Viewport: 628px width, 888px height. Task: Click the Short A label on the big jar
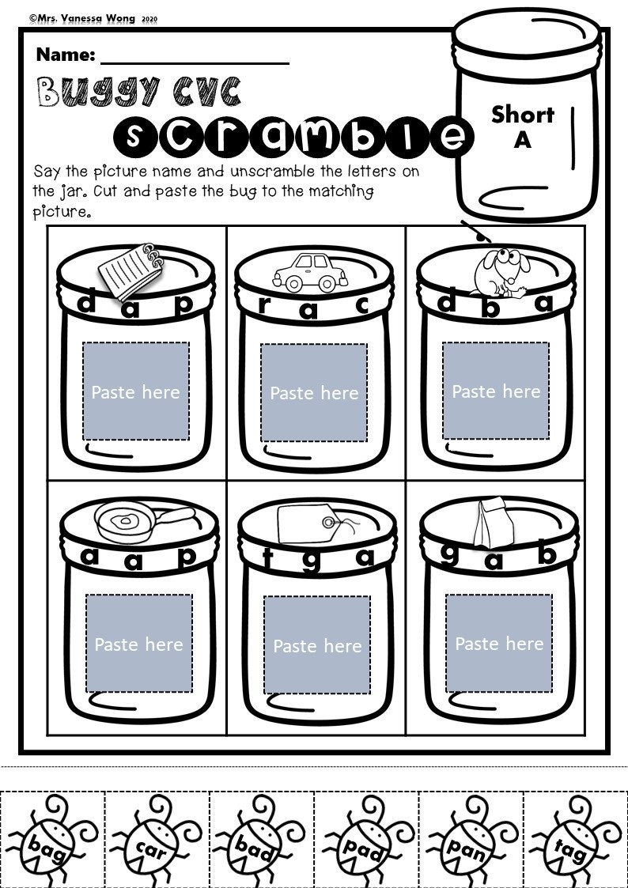point(522,126)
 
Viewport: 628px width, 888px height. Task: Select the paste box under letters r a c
point(314,393)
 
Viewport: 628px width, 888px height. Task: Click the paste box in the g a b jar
point(499,644)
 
